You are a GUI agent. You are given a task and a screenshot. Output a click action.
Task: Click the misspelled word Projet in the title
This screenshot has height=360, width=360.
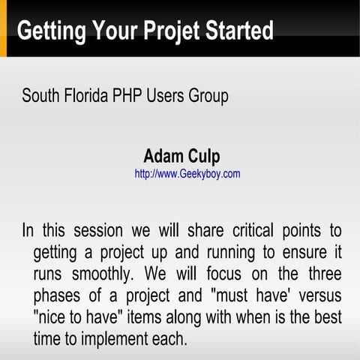pos(170,31)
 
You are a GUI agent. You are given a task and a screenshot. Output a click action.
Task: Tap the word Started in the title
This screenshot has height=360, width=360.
pos(235,31)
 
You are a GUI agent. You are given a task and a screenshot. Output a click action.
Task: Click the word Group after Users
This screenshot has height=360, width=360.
pos(208,97)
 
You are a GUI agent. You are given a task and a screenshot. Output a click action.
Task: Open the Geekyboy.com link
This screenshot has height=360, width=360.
pos(187,174)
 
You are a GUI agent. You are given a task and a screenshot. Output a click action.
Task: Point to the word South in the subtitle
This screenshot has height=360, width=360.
pos(40,97)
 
